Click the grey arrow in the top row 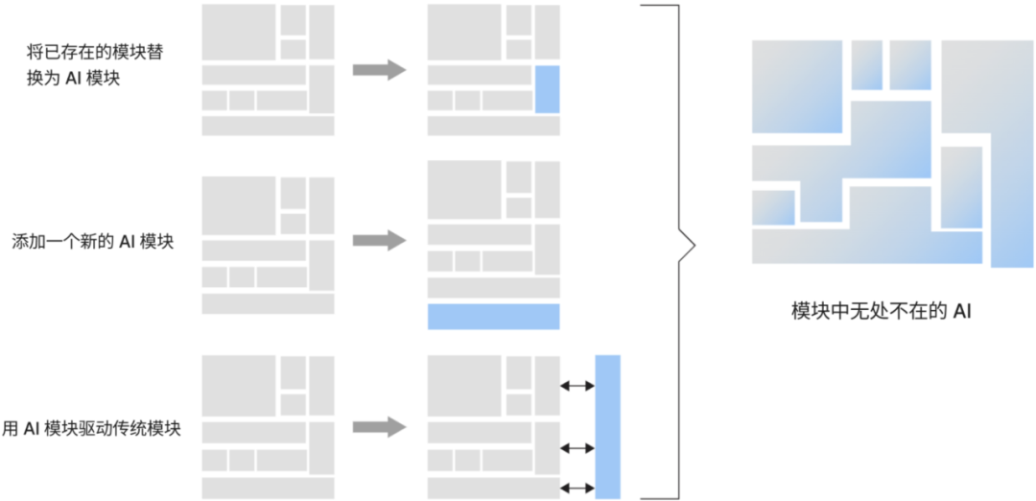point(379,70)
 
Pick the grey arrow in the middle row point(379,241)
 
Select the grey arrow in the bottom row point(379,428)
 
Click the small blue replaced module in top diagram point(547,89)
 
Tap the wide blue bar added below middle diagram point(493,317)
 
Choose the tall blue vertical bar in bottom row point(607,426)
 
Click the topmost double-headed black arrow point(577,386)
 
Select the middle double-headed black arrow point(577,447)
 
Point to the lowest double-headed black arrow point(577,488)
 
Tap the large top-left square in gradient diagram point(796,86)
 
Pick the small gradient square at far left point(773,207)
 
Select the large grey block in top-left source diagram point(239,33)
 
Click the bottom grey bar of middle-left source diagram point(268,303)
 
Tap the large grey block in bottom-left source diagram point(239,384)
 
